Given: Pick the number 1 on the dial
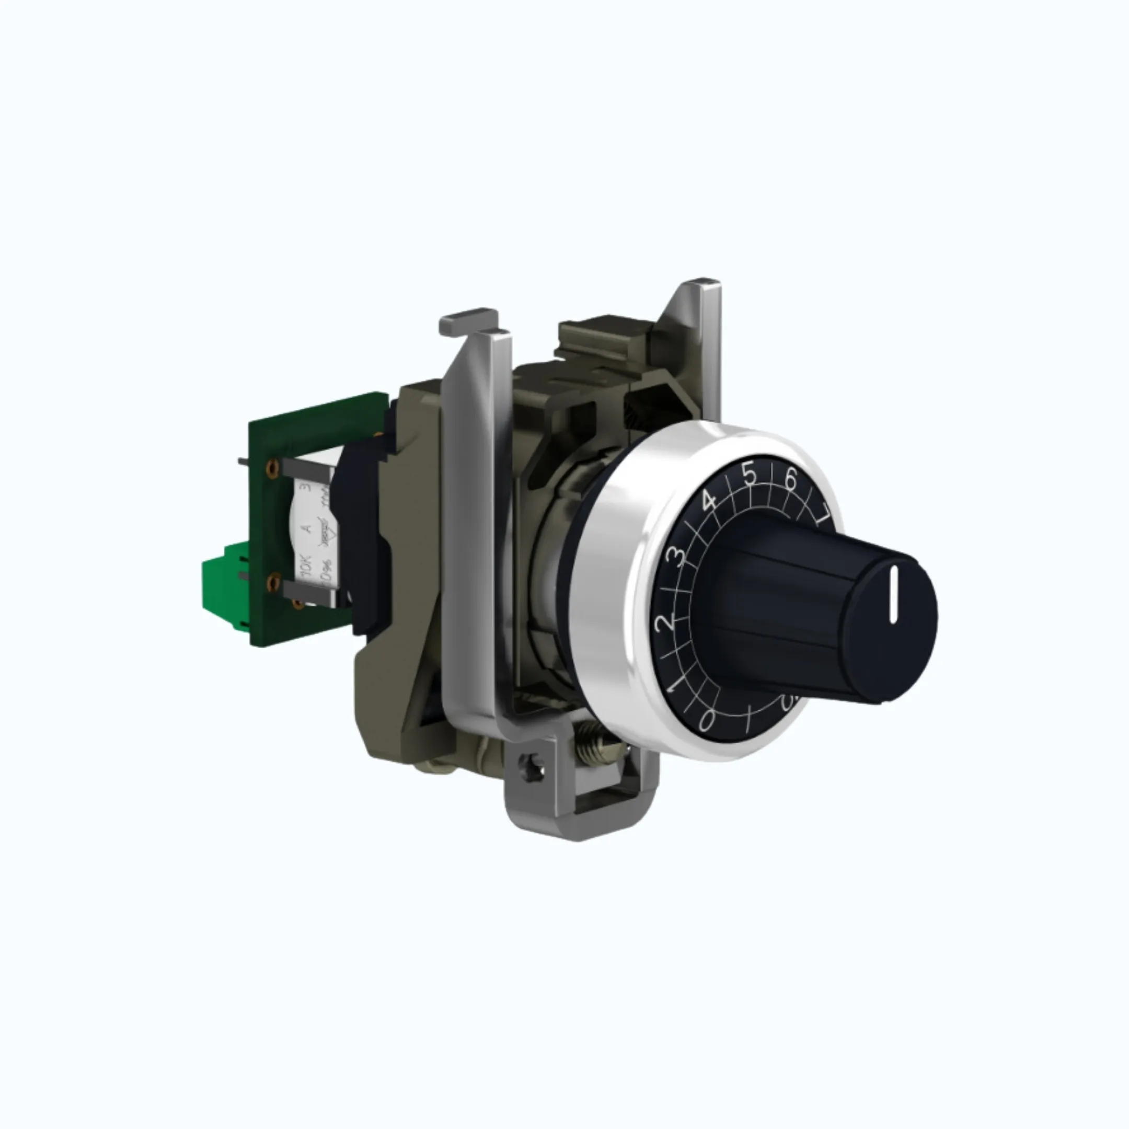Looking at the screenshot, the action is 674,684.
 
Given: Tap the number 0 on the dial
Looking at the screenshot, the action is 706,722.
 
